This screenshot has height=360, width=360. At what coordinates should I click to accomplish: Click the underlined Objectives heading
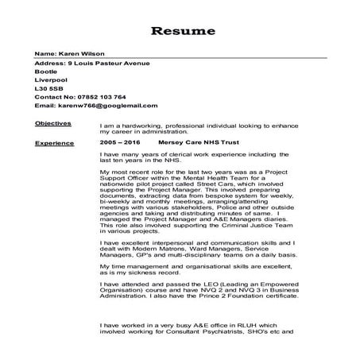point(53,124)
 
